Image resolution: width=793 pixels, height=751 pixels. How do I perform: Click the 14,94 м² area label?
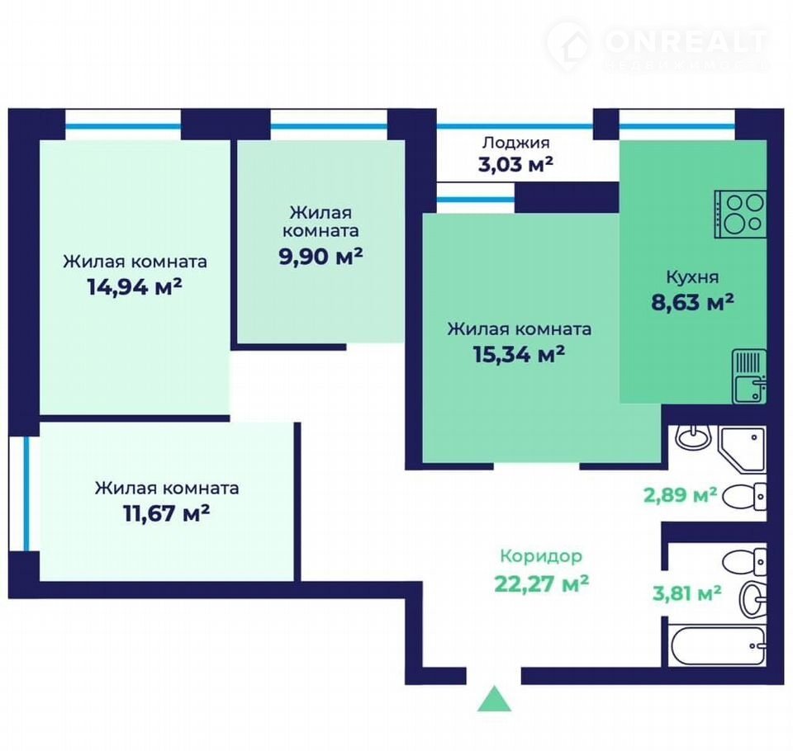[135, 287]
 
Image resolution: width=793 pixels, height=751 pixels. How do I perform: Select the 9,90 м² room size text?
[321, 257]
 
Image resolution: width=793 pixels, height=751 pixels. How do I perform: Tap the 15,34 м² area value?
[519, 354]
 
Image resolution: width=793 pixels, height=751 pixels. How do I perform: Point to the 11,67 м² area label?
[166, 513]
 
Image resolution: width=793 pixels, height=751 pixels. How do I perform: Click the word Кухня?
[692, 277]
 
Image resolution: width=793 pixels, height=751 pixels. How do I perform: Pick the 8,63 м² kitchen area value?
[692, 302]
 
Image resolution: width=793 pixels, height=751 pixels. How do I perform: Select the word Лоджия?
[515, 143]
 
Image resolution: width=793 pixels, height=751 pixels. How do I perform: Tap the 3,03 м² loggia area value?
[515, 165]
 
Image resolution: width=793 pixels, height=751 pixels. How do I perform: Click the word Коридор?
[541, 556]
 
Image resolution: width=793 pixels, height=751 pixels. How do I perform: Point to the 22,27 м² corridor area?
[541, 583]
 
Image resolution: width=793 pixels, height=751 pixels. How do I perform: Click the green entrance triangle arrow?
[494, 699]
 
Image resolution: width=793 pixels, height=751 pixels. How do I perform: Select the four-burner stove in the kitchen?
[740, 215]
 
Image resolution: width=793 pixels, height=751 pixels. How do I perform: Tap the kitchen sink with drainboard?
[749, 376]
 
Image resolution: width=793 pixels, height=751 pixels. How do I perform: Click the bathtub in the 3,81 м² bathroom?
[717, 646]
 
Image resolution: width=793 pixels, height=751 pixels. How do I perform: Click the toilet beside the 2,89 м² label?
[744, 496]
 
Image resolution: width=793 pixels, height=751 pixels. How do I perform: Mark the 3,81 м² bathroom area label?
[686, 593]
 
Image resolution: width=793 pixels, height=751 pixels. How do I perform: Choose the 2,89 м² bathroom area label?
[680, 495]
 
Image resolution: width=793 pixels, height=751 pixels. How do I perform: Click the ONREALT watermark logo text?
[686, 41]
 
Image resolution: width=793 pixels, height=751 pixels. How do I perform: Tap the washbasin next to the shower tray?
[694, 437]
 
